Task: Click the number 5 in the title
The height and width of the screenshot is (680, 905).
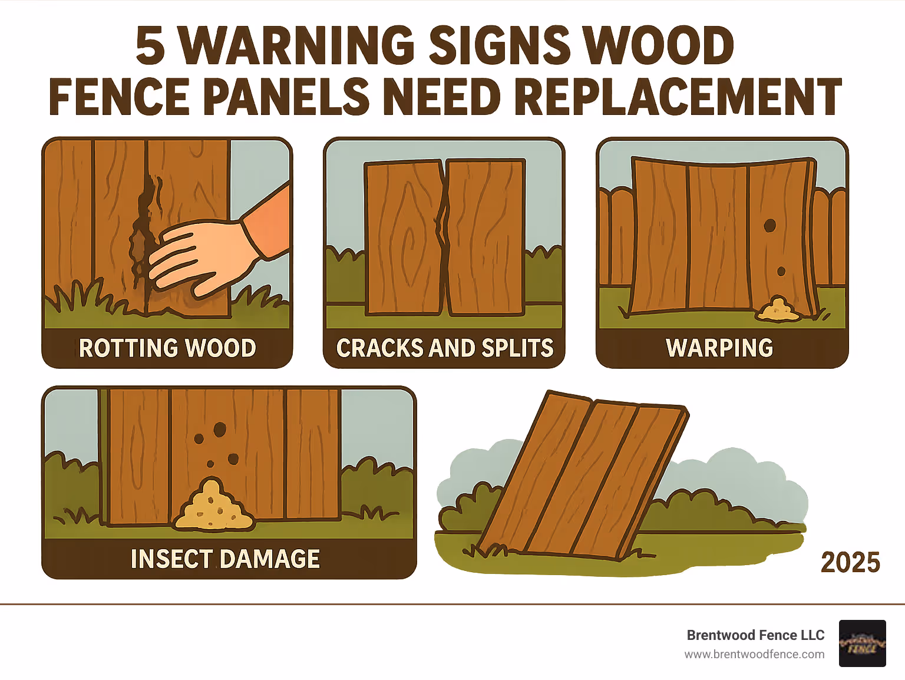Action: [x=150, y=46]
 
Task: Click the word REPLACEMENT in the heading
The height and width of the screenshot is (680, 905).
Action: [x=678, y=97]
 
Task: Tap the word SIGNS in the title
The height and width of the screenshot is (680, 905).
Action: [x=500, y=46]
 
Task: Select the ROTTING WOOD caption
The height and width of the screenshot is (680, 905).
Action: [x=167, y=348]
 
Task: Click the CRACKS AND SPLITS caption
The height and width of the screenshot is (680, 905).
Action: [x=445, y=348]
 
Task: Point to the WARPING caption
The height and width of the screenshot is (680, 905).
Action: [x=719, y=348]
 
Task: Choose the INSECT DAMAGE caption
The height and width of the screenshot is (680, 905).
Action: [x=225, y=559]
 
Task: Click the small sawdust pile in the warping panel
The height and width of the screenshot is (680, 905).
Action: [x=778, y=310]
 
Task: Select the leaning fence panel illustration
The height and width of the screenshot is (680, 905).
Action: [x=583, y=477]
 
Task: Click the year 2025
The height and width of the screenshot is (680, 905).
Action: [x=850, y=563]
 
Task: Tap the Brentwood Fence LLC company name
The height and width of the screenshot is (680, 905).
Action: [x=755, y=635]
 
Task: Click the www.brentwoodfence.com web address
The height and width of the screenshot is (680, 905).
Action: [x=754, y=654]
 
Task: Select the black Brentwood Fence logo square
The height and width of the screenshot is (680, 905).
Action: [x=862, y=643]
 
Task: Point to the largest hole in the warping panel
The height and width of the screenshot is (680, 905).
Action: [x=769, y=225]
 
